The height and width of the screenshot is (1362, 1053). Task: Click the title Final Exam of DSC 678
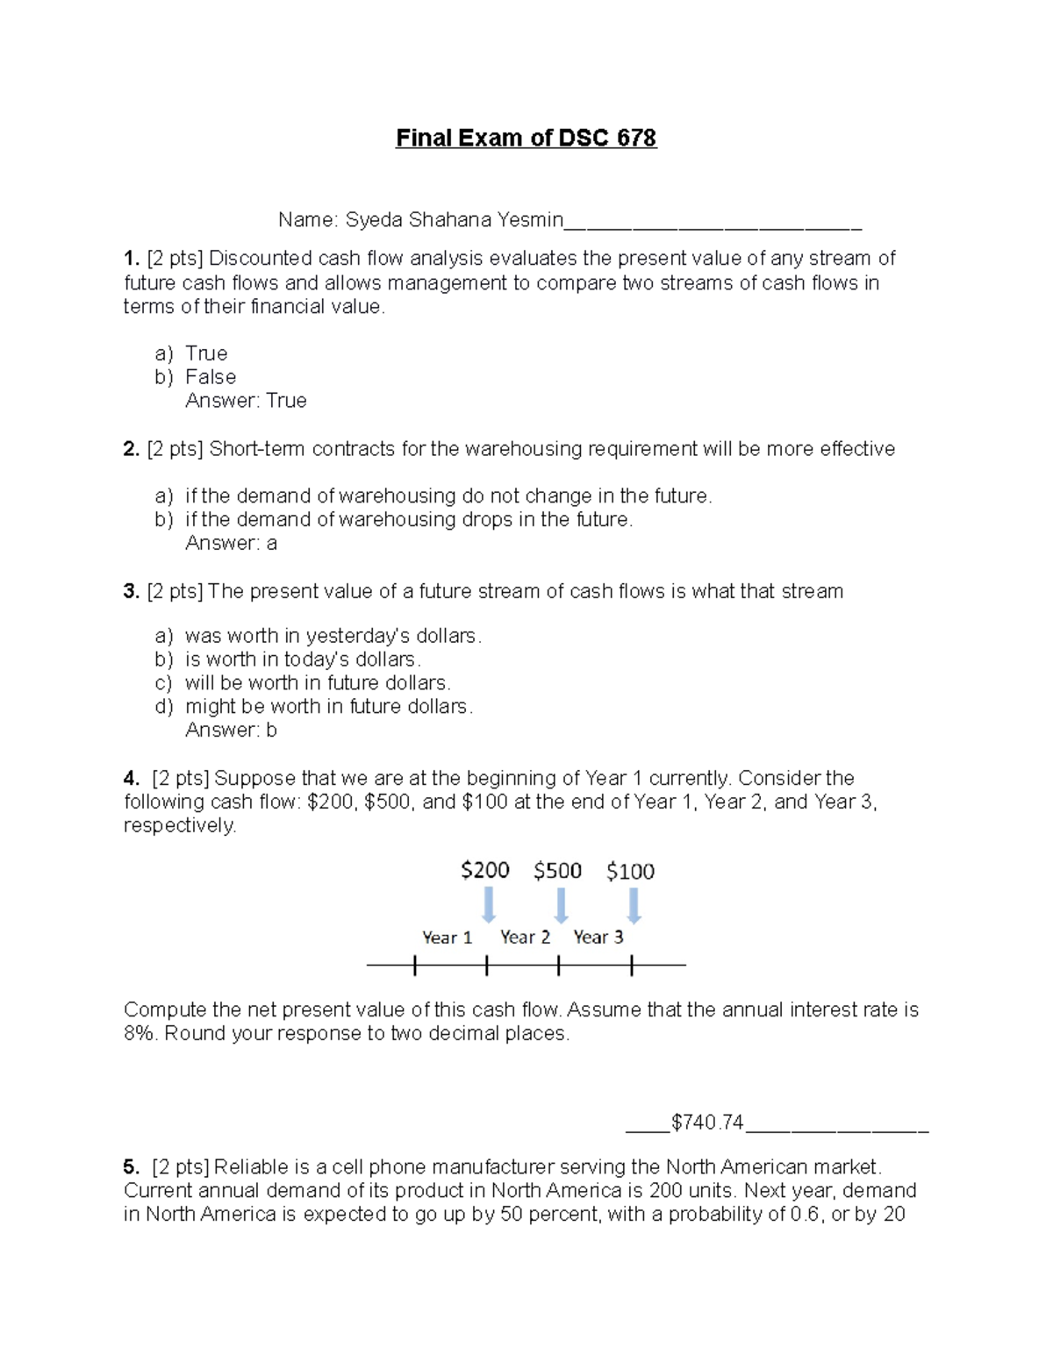point(526,139)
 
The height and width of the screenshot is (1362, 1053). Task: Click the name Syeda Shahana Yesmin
point(454,220)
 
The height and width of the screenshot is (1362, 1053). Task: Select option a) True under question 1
point(205,353)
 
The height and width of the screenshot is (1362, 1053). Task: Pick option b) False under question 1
point(210,377)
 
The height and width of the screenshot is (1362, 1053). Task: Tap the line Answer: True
point(246,401)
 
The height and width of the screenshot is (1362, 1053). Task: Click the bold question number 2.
point(131,449)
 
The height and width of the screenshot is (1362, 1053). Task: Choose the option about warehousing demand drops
point(408,520)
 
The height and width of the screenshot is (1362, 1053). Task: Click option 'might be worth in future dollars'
point(328,707)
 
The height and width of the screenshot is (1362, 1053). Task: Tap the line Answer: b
point(231,731)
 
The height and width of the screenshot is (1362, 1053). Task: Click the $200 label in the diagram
point(485,870)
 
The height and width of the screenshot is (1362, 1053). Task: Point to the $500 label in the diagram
point(558,871)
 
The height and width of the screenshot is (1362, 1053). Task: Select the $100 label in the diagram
point(630,872)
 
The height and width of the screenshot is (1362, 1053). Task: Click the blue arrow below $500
point(561,905)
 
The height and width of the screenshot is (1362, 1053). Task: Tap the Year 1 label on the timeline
point(447,938)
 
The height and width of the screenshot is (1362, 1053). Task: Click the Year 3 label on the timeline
point(598,938)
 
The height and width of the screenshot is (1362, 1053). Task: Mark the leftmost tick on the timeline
point(414,966)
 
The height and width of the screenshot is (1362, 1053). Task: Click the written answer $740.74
point(707,1123)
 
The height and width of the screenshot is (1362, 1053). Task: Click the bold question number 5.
point(131,1167)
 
